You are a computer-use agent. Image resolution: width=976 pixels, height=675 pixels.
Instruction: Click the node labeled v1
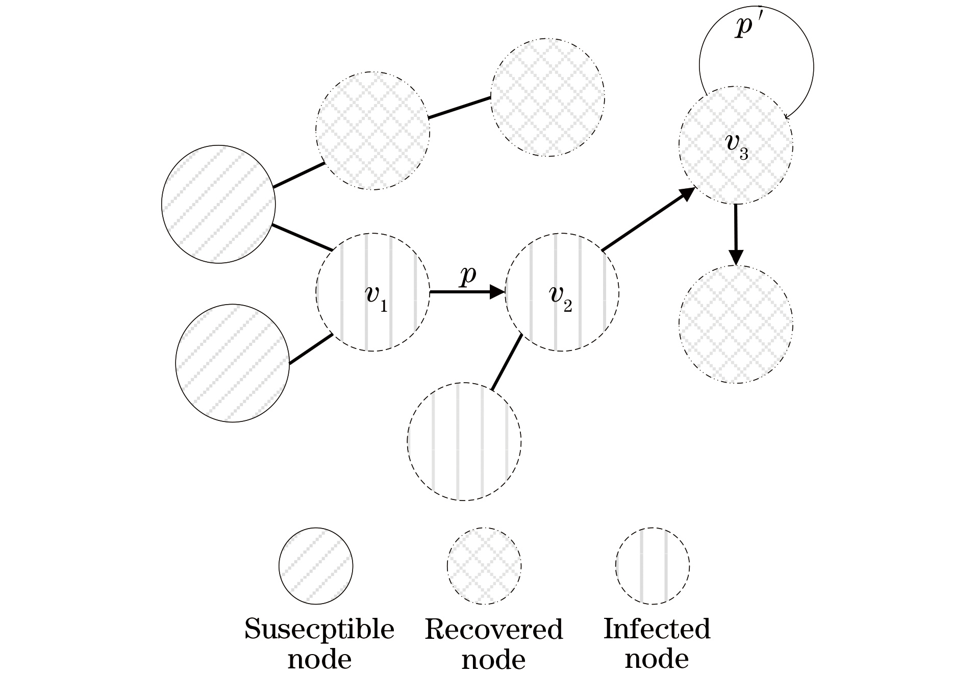pos(372,292)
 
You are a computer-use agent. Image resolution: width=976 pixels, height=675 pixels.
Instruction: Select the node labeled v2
pos(562,292)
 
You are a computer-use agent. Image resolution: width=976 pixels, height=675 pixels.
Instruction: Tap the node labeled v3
pos(736,145)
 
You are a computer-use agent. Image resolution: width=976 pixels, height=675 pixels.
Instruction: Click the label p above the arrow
pos(467,276)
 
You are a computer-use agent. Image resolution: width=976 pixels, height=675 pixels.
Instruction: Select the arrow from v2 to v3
pos(648,220)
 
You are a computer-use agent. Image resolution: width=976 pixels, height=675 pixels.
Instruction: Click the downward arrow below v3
pos(735,235)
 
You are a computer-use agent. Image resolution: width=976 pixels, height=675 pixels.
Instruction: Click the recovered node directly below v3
pos(736,324)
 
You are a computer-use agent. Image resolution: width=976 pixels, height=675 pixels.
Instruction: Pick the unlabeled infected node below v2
pos(464,441)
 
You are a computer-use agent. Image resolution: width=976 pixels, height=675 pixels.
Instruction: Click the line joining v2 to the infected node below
pos(507,362)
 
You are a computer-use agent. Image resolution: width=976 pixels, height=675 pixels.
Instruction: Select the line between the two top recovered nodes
pos(460,108)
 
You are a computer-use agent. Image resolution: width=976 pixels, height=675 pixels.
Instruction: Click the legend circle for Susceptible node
pos(316,566)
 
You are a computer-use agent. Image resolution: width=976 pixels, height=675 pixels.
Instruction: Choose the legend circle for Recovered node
pos(484,566)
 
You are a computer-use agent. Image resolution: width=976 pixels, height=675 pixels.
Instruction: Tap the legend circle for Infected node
pos(653,566)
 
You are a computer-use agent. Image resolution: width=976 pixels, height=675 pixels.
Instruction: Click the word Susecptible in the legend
pos(319,629)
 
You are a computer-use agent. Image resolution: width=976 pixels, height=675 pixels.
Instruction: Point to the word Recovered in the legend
pos(493,630)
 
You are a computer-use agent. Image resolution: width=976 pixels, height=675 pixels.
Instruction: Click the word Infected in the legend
pos(657,629)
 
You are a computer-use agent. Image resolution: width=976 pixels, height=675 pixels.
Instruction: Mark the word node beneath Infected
pos(657,659)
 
